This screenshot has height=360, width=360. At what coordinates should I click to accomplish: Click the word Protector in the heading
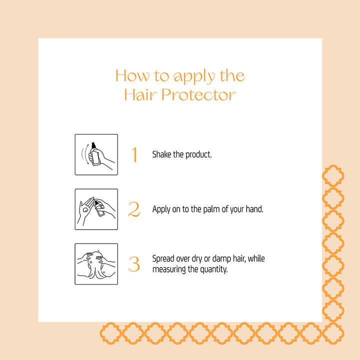(199, 94)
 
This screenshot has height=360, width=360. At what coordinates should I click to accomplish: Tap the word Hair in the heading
(140, 94)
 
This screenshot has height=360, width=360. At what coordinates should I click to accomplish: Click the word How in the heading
(132, 75)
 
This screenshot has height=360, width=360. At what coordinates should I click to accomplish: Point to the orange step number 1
(134, 154)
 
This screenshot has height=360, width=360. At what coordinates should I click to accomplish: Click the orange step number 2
(134, 209)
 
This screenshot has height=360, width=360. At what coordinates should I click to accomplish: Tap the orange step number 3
(134, 264)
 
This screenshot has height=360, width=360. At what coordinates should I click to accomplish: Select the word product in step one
(198, 154)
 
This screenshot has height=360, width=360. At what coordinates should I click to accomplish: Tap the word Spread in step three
(163, 259)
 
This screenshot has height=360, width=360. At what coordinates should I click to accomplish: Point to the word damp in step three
(221, 259)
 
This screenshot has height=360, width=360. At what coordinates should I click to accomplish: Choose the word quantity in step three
(214, 269)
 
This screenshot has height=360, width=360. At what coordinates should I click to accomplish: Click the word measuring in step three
(169, 269)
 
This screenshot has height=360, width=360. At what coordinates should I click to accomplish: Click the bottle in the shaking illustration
(95, 154)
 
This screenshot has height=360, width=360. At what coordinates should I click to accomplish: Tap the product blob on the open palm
(85, 209)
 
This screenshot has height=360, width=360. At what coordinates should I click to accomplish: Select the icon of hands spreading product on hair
(96, 264)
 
